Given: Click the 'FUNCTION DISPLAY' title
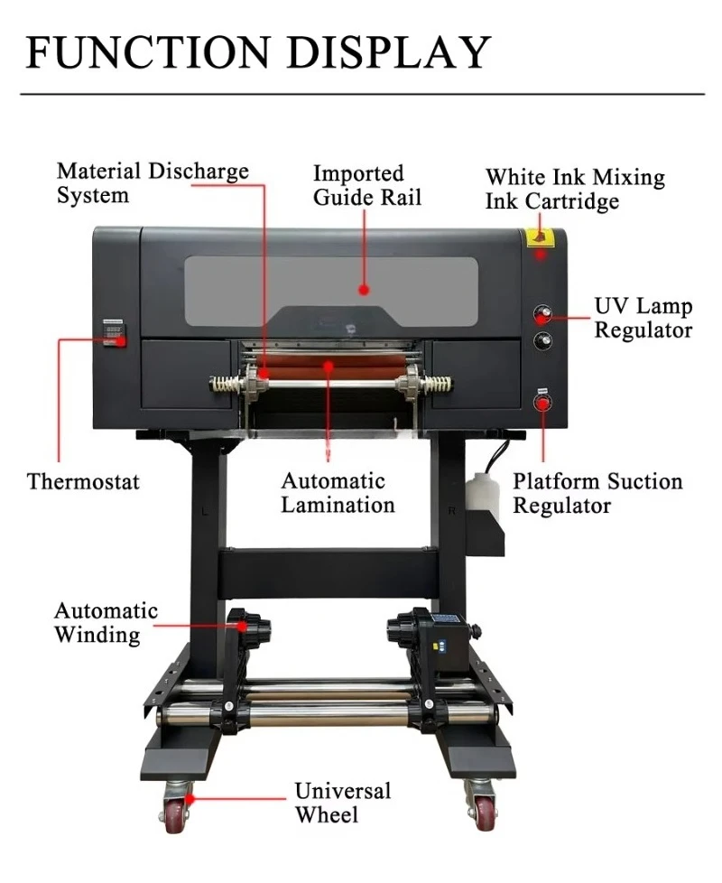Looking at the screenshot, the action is point(258,51).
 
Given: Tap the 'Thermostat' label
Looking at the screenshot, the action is point(83,481).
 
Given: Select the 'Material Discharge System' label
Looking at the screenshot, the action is point(153,183).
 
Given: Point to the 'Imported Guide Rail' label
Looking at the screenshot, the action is point(367,185).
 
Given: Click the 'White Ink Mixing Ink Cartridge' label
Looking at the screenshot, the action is point(575,189).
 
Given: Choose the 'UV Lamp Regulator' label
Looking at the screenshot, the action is point(643,318).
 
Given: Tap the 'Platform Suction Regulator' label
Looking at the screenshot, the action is point(597,493).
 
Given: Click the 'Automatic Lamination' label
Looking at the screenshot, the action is point(338,493).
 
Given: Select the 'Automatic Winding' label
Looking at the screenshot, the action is point(106,623).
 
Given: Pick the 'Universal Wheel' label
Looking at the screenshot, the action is point(343,803).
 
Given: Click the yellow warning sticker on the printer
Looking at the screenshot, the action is point(540,237).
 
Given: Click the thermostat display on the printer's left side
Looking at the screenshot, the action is point(114,332).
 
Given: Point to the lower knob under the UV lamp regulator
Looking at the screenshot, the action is point(542,340).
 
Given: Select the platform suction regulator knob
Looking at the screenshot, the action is point(542,403).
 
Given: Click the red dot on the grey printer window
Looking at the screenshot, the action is point(364,290).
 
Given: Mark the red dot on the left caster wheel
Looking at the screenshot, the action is point(190,798).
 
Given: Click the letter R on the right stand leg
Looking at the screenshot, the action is point(451,511).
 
